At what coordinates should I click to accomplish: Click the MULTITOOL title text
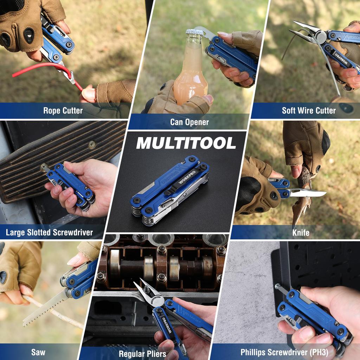click(x=186, y=143)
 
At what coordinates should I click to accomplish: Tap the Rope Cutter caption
click(x=63, y=110)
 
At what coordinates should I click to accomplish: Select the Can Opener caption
click(x=189, y=122)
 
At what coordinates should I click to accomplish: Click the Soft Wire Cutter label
click(x=309, y=110)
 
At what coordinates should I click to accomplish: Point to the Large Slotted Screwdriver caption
click(x=49, y=232)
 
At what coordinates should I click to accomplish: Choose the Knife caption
click(x=301, y=232)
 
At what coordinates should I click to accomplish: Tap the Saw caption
click(x=38, y=352)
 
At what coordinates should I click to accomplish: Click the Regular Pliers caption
click(x=142, y=354)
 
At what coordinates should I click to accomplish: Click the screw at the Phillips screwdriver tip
click(x=277, y=287)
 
